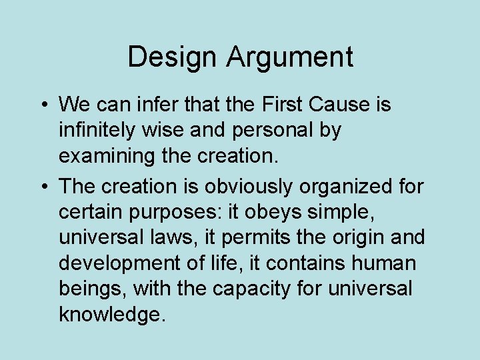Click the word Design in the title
(173, 57)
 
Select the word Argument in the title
(290, 58)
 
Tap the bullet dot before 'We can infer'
(42, 105)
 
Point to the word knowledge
(110, 314)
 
